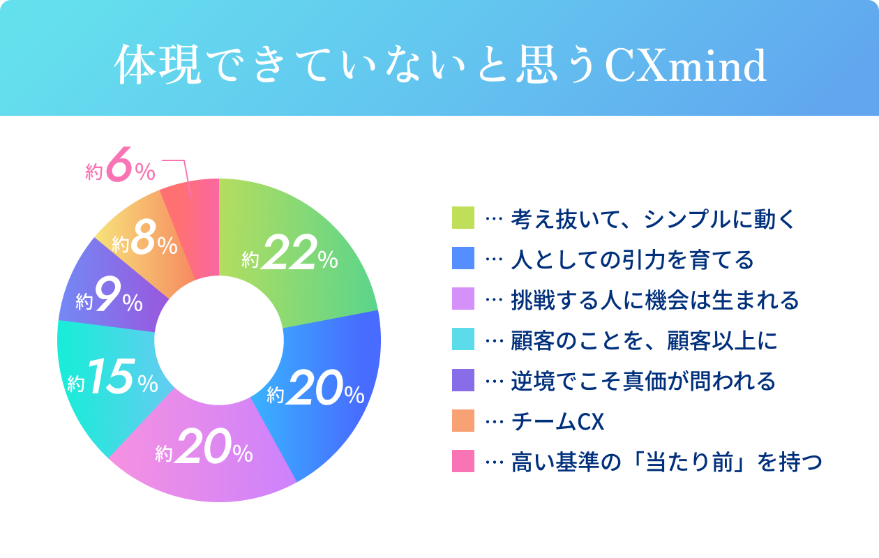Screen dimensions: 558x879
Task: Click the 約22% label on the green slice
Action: pyautogui.click(x=290, y=255)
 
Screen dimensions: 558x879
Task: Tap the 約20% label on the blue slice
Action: pyautogui.click(x=315, y=391)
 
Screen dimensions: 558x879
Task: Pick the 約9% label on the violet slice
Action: pyautogui.click(x=110, y=299)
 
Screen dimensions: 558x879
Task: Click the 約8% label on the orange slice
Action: pyautogui.click(x=144, y=241)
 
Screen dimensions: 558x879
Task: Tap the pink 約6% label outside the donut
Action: pyautogui.click(x=120, y=170)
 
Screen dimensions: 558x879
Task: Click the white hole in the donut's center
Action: pyautogui.click(x=219, y=340)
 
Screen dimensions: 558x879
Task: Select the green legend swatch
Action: pyautogui.click(x=463, y=218)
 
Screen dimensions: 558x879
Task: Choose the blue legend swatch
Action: pyautogui.click(x=463, y=259)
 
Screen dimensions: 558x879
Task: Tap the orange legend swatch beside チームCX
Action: pyautogui.click(x=463, y=421)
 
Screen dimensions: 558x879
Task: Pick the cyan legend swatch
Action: pyautogui.click(x=463, y=340)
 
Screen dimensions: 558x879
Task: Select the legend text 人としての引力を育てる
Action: pyautogui.click(x=632, y=259)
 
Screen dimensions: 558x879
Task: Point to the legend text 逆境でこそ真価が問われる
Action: pyautogui.click(x=643, y=381)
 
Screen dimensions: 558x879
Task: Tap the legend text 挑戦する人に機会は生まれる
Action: pyautogui.click(x=654, y=300)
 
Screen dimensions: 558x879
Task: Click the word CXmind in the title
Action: pyautogui.click(x=685, y=66)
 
